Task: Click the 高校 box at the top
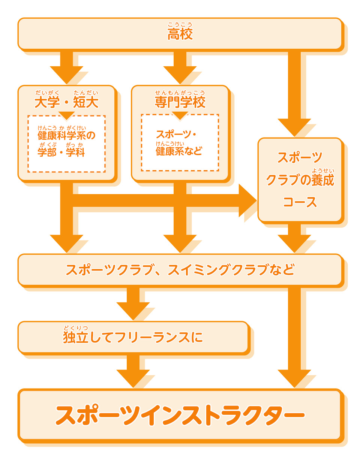pyautogui.click(x=180, y=34)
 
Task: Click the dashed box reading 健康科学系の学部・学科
pyautogui.click(x=66, y=144)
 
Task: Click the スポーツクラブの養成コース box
pyautogui.click(x=300, y=180)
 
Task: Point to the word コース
pyautogui.click(x=300, y=202)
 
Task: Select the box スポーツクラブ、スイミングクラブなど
pyautogui.click(x=180, y=270)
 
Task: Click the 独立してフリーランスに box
pyautogui.click(x=133, y=337)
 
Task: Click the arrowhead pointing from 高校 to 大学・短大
pyautogui.click(x=66, y=75)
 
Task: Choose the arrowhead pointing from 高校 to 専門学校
pyautogui.click(x=180, y=75)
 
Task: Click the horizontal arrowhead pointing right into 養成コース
pyautogui.click(x=247, y=200)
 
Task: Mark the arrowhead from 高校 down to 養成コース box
pyautogui.click(x=294, y=127)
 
